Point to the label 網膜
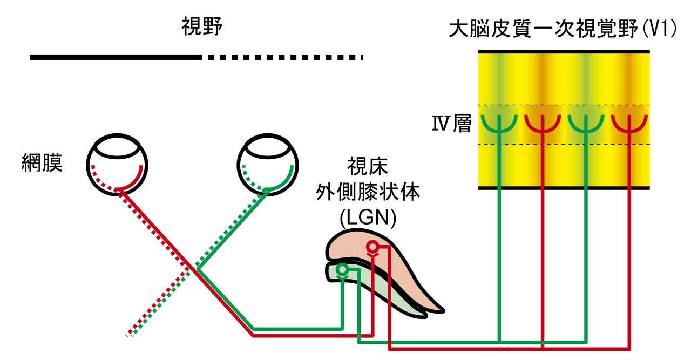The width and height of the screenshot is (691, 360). click(42, 162)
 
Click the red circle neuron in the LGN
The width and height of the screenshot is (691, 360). click(372, 247)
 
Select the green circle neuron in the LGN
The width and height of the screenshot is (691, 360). click(342, 269)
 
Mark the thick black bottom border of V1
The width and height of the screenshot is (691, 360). click(564, 188)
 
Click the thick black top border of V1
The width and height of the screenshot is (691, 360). click(564, 51)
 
